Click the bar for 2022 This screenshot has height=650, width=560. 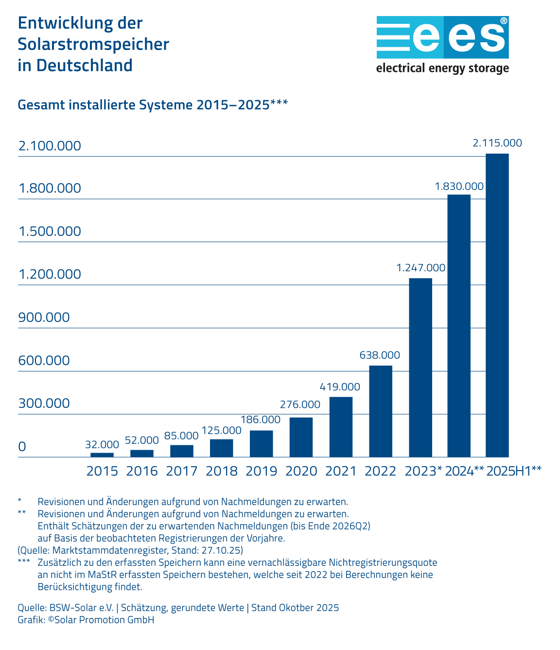(381, 411)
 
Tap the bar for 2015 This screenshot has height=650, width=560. (102, 455)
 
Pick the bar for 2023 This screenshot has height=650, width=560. (420, 368)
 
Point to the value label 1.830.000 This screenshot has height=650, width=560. (459, 186)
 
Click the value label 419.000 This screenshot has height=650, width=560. (340, 387)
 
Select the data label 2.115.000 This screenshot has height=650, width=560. (497, 143)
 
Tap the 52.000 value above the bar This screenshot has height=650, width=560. (142, 440)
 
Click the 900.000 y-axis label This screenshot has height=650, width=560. (44, 317)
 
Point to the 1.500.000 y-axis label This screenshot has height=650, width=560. (50, 231)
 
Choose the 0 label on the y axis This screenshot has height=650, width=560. (22, 447)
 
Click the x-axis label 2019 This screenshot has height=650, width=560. (261, 471)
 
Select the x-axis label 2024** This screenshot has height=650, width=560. (464, 471)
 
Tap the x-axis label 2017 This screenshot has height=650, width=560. (181, 471)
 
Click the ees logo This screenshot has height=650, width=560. (442, 37)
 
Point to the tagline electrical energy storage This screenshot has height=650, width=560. (442, 68)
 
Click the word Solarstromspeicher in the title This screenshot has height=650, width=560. (93, 44)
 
